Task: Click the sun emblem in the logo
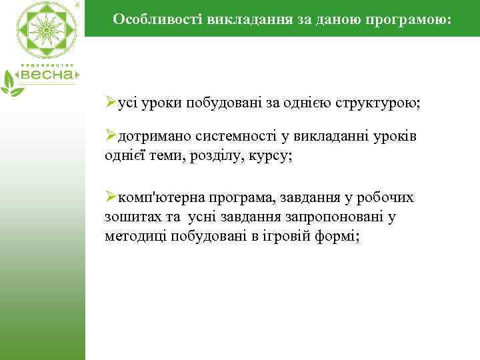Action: [46, 30]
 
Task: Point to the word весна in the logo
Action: [48, 75]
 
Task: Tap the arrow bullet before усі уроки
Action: [111, 104]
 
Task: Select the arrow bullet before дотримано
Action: [111, 137]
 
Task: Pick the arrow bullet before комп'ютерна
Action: [111, 198]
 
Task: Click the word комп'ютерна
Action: [160, 198]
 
